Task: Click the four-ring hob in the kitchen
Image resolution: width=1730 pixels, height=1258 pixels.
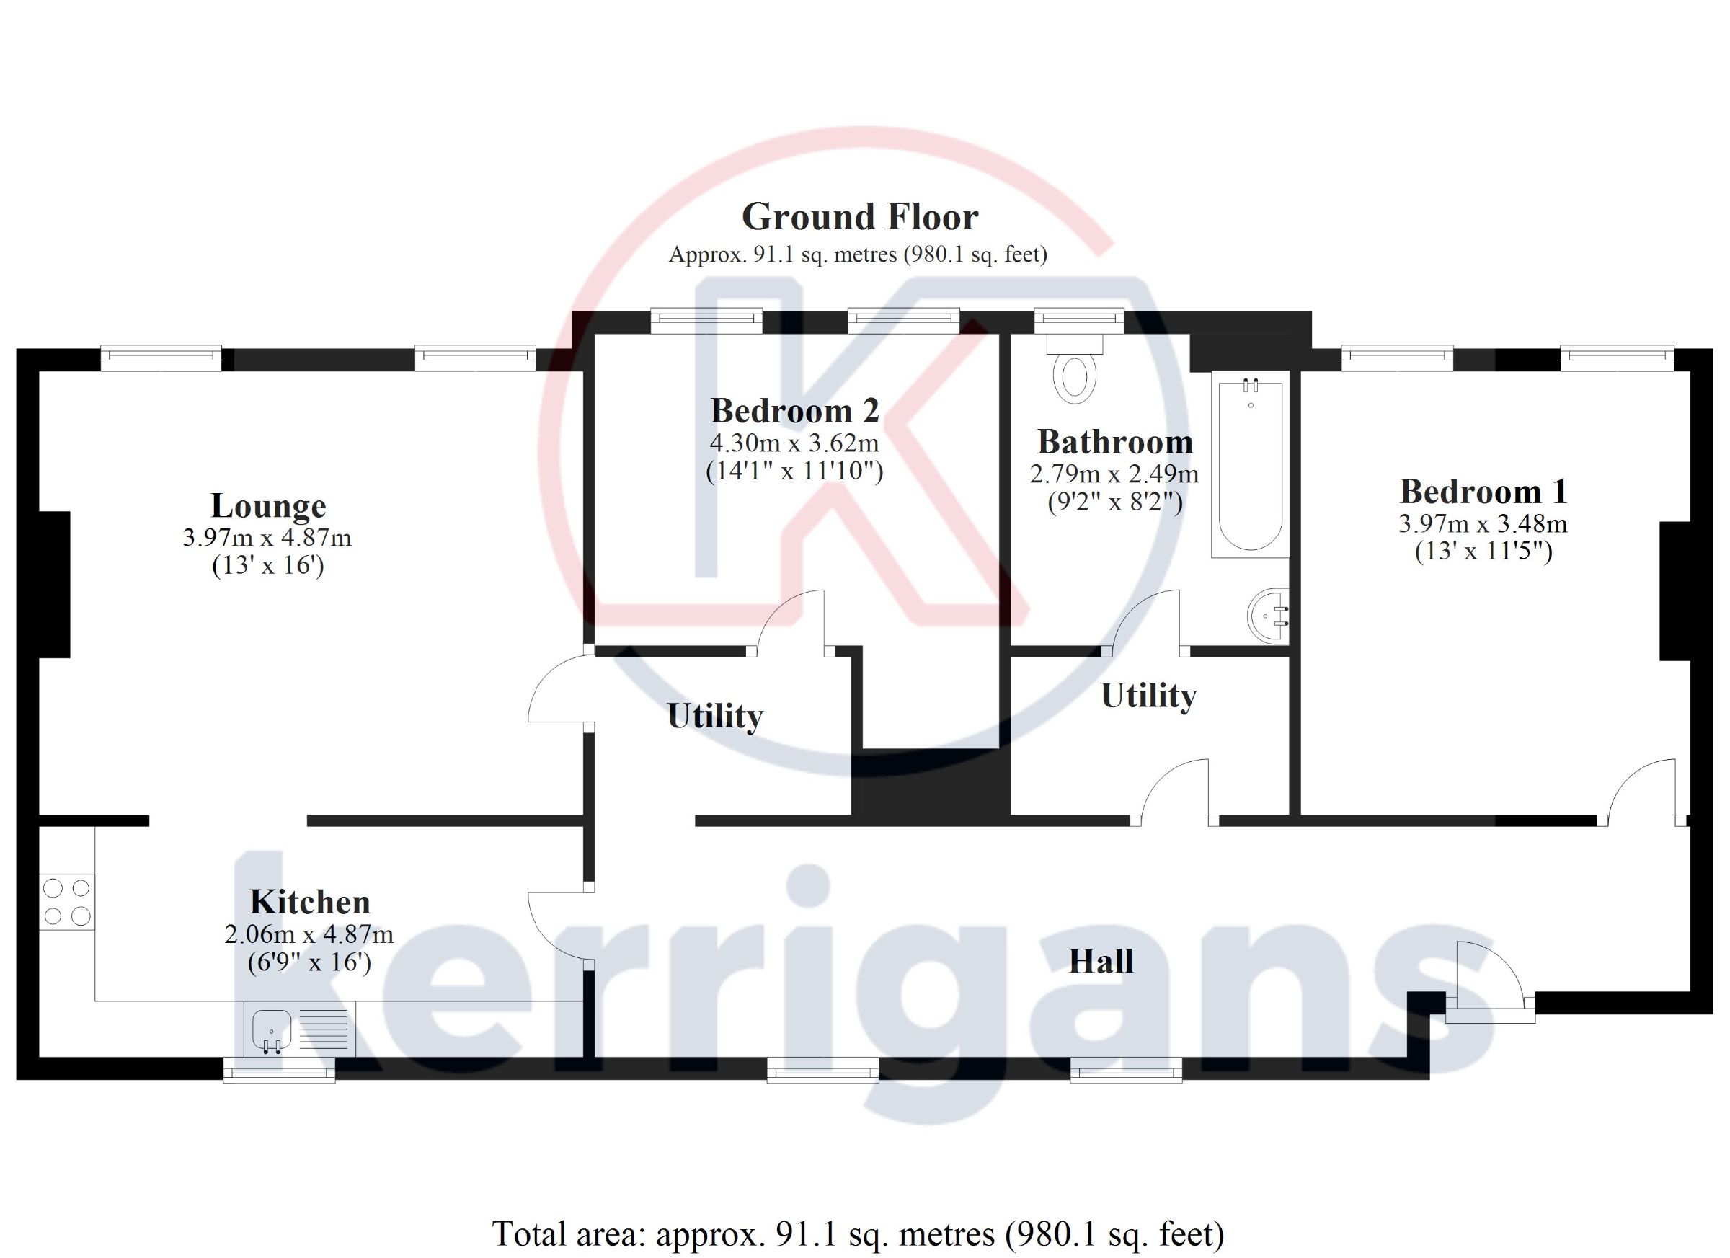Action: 67,902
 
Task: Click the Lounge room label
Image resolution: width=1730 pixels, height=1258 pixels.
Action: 268,506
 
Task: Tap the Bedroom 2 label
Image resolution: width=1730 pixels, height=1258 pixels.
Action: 795,411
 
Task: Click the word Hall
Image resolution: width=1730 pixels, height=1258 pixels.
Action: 1101,960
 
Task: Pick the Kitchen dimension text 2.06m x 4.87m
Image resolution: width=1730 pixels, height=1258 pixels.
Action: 309,934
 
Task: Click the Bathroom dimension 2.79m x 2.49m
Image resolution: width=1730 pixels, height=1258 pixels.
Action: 1114,474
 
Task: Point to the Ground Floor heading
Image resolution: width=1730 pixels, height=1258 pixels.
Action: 860,217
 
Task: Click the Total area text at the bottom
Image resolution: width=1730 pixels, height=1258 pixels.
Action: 858,1233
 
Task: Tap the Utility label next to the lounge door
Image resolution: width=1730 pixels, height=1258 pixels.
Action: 715,716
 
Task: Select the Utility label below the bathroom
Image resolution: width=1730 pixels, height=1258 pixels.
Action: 1149,696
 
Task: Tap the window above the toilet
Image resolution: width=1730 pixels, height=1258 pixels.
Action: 1078,320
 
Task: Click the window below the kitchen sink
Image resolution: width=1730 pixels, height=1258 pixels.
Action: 279,1070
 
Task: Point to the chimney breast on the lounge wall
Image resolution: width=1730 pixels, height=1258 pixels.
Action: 54,585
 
